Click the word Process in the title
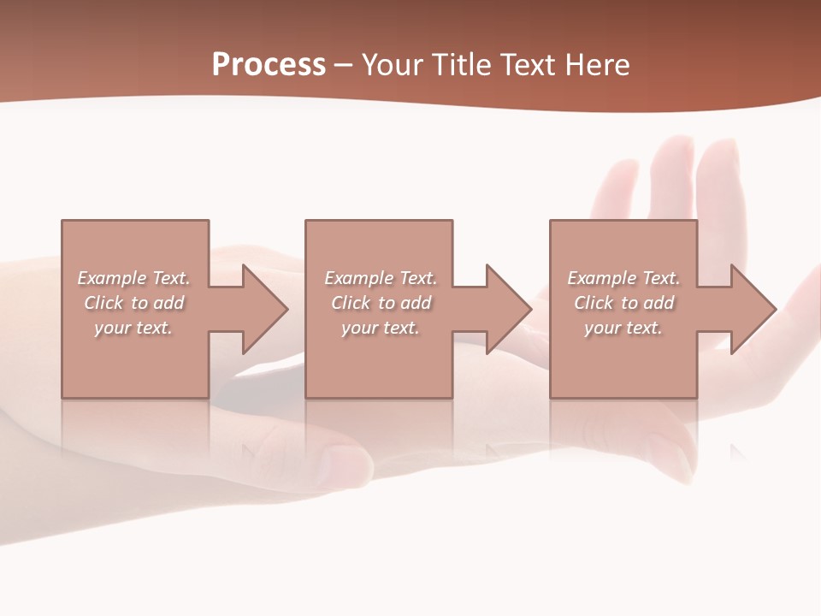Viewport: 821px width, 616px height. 269,65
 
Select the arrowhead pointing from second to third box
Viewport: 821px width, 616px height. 507,309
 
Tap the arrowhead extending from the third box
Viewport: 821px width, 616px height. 753,309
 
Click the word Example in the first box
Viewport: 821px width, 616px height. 112,278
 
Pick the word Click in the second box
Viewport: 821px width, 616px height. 351,303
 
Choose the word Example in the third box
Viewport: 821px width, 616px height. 602,278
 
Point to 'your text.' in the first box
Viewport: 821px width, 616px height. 133,328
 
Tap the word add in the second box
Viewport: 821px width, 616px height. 415,303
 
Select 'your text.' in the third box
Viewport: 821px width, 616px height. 623,328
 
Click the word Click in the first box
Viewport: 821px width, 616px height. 103,303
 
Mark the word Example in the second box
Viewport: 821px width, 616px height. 359,278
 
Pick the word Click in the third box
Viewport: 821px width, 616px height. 594,303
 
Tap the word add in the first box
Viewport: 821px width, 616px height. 168,303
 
